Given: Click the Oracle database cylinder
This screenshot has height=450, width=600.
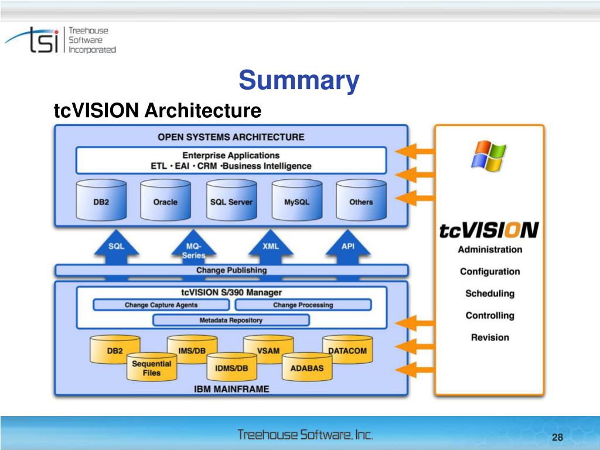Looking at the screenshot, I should pos(165,201).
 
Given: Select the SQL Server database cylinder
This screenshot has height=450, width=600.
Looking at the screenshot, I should pos(231,201).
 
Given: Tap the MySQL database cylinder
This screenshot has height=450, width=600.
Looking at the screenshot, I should pos(296,201).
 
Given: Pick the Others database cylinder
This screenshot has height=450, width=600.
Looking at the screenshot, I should pos(361,201).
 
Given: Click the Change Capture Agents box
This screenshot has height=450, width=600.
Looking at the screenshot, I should pos(161,305).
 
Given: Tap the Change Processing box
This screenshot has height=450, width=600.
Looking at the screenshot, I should pos(303,305).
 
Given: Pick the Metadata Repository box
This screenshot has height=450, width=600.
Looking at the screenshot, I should pos(231,321).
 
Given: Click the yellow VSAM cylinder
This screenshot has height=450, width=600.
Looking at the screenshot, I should pos(268,349).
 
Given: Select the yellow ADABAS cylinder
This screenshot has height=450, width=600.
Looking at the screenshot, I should pos(307,369).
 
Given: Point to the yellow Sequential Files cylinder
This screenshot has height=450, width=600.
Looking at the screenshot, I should pos(151,368).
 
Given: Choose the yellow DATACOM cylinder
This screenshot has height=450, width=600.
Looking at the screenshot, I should pos(347,349).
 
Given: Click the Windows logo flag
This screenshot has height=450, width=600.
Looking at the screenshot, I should pos(490,155).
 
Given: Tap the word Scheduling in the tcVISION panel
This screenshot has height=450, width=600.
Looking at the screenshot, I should pos(490,294).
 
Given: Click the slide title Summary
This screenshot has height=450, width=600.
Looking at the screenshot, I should pos(299,80).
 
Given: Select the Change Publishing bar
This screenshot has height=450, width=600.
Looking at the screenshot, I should pos(231,270).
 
